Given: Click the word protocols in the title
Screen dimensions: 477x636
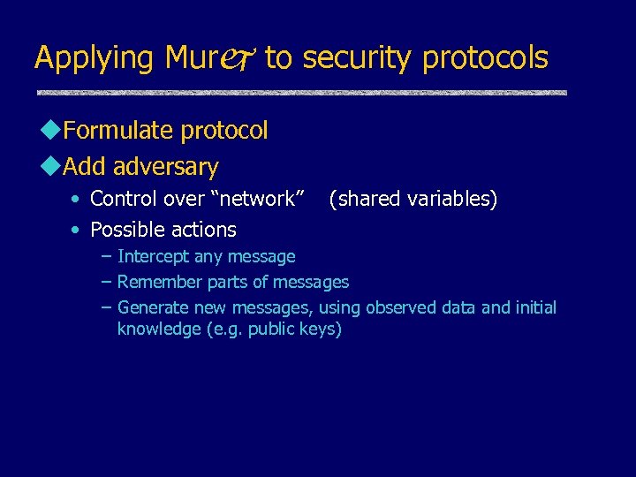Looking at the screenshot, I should [485, 58].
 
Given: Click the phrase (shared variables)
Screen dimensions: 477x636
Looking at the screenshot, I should [413, 199].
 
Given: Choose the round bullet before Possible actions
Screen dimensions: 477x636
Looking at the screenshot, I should [78, 231].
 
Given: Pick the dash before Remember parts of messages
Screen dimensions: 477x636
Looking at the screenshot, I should [106, 283].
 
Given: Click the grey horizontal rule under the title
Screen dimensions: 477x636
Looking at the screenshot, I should [301, 92].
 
